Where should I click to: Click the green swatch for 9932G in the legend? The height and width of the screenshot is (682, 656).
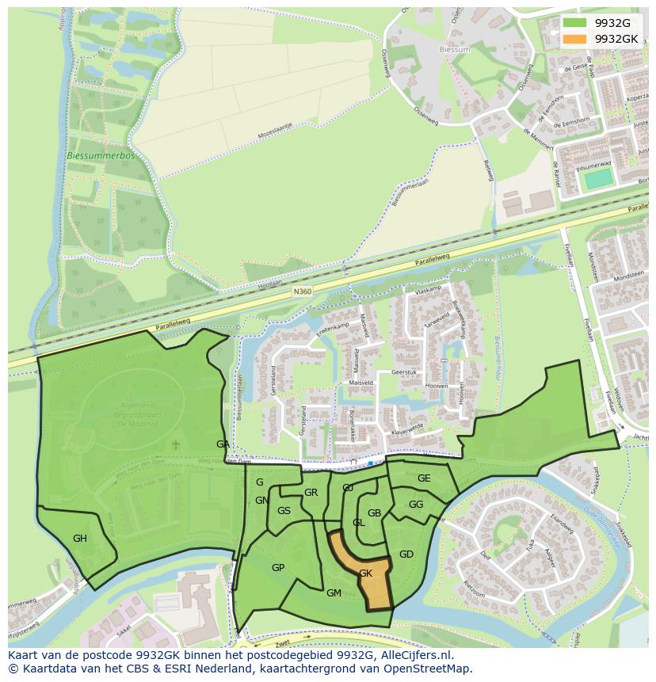tap(574, 23)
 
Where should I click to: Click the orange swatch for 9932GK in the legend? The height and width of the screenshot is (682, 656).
tap(574, 38)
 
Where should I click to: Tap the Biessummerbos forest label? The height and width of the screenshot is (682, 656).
tap(101, 156)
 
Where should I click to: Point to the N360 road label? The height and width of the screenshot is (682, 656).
tap(303, 291)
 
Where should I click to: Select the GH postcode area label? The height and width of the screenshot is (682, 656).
tap(80, 539)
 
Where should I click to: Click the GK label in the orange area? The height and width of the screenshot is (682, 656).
tap(365, 573)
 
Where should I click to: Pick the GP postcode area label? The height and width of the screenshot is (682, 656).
tap(278, 568)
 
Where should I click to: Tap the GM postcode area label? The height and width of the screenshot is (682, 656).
tap(334, 592)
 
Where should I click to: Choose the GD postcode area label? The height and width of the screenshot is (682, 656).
tap(406, 554)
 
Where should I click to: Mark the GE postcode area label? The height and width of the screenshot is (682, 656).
tap(424, 478)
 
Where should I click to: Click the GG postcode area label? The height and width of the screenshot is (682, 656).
tap(416, 504)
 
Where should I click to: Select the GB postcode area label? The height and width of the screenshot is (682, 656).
tap(375, 513)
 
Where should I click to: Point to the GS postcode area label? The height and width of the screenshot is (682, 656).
tap(284, 511)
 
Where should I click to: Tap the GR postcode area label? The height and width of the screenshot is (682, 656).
tap(311, 493)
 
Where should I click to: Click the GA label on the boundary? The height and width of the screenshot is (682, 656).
tap(223, 444)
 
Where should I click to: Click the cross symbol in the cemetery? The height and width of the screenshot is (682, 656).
tap(176, 446)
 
